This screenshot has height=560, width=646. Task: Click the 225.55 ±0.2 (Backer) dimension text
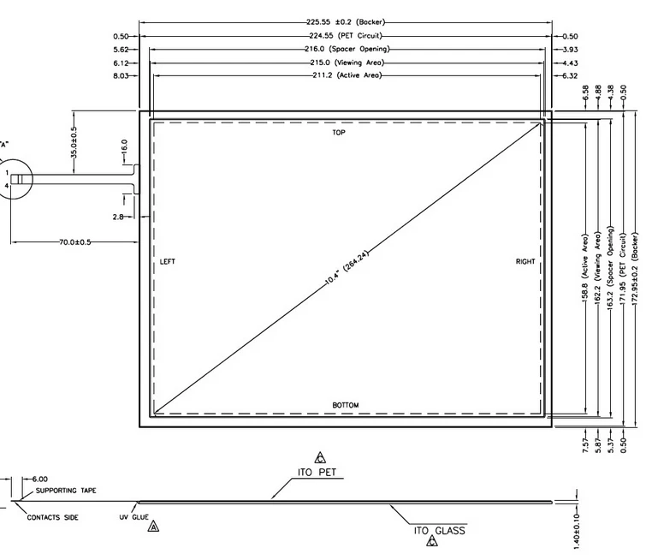pyautogui.click(x=346, y=22)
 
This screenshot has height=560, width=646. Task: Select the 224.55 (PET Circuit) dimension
pyautogui.click(x=346, y=35)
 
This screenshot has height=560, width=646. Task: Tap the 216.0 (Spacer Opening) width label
pyautogui.click(x=347, y=49)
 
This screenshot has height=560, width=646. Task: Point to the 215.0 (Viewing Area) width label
pyautogui.click(x=347, y=63)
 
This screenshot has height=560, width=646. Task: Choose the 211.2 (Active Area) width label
pyautogui.click(x=347, y=75)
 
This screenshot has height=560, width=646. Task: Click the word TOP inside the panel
pyautogui.click(x=339, y=133)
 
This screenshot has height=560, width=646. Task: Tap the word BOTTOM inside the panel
pyautogui.click(x=346, y=405)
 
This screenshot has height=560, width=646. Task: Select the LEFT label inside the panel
pyautogui.click(x=167, y=261)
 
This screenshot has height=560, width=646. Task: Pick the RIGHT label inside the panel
pyautogui.click(x=525, y=261)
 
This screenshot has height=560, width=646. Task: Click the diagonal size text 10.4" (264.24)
pyautogui.click(x=347, y=268)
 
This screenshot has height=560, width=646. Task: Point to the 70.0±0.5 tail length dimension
pyautogui.click(x=75, y=242)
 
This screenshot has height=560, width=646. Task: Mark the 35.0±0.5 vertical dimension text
pyautogui.click(x=74, y=142)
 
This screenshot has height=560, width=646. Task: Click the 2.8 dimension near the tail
pyautogui.click(x=118, y=217)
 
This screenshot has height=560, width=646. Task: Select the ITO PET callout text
pyautogui.click(x=317, y=472)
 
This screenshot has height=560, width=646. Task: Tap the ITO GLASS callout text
pyautogui.click(x=440, y=531)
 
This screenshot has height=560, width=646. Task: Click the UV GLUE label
pyautogui.click(x=133, y=517)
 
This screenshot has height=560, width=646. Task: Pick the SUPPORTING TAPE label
pyautogui.click(x=66, y=491)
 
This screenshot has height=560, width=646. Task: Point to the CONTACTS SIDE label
pyautogui.click(x=52, y=517)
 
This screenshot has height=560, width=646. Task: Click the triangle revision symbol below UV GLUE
pyautogui.click(x=153, y=527)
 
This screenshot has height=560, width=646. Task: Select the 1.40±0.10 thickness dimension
pyautogui.click(x=577, y=531)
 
